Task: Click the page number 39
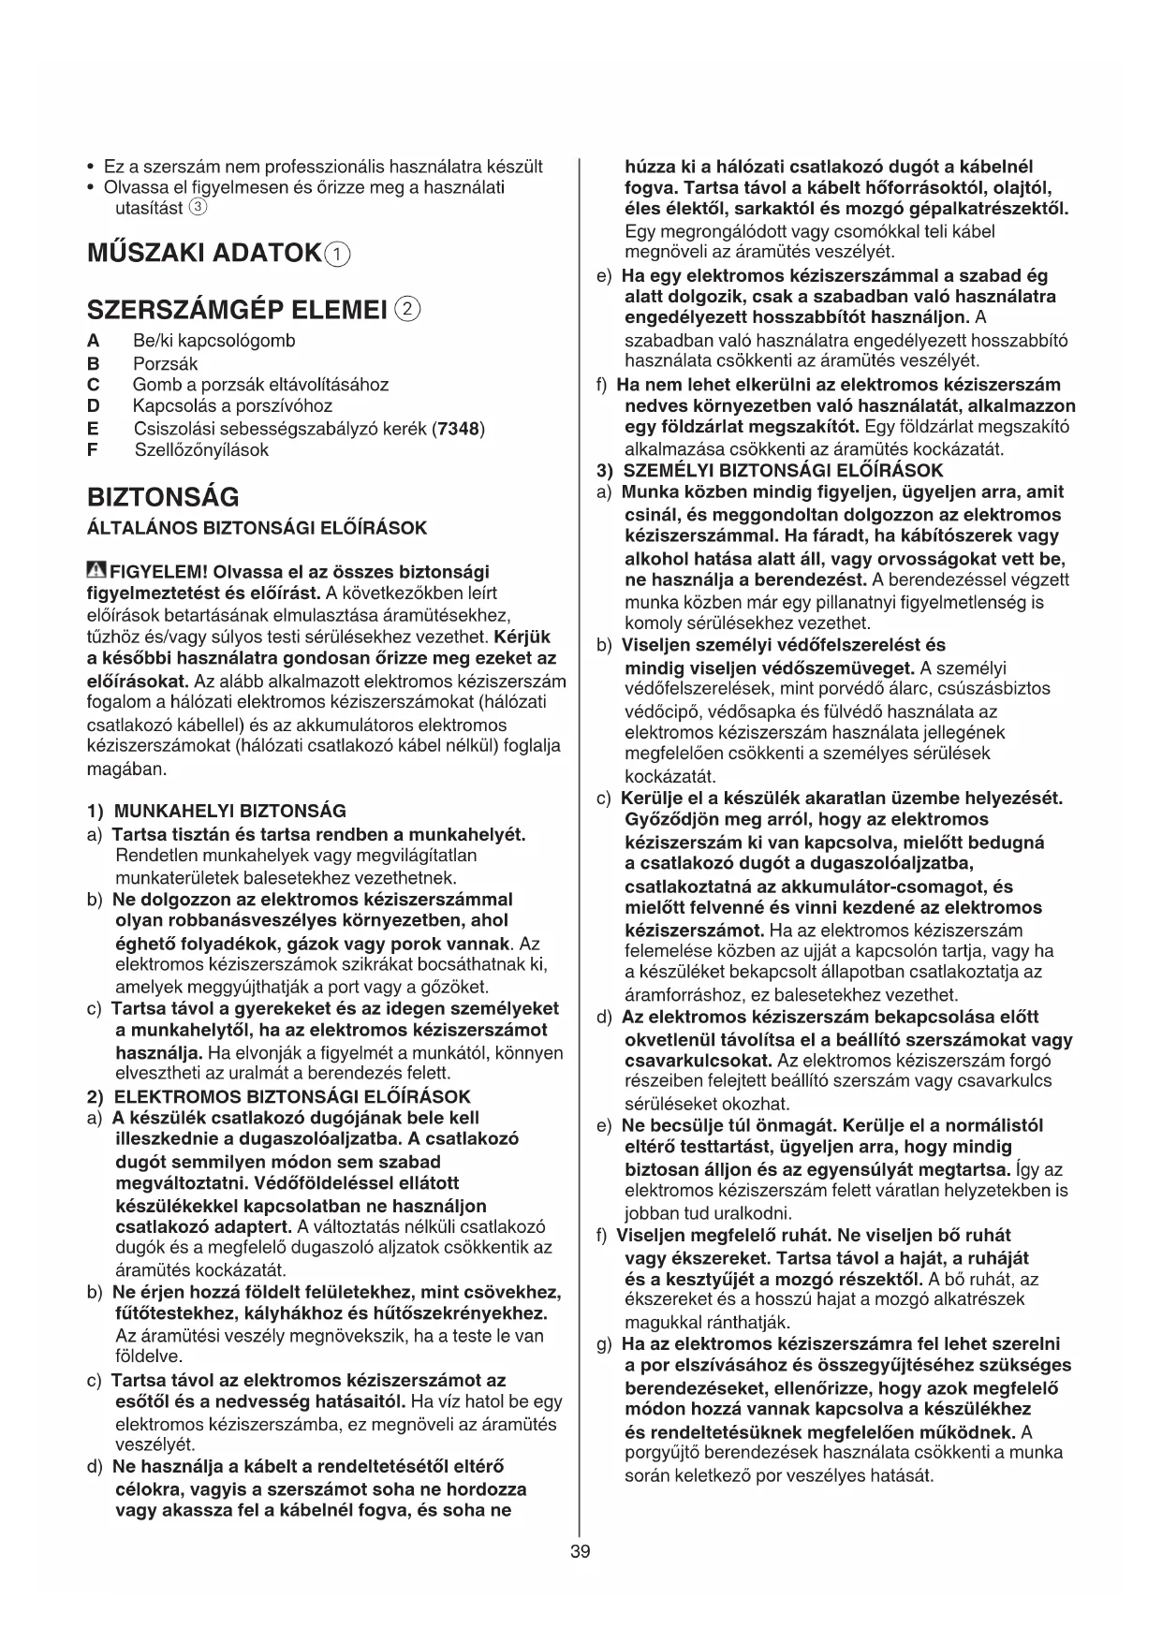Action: pos(580,1551)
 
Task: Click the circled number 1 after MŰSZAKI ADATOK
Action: pos(337,255)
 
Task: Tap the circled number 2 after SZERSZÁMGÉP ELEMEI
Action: pos(408,308)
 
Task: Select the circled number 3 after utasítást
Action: pos(198,207)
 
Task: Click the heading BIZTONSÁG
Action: pos(163,496)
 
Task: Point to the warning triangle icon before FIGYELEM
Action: pos(96,570)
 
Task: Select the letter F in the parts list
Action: pos(92,449)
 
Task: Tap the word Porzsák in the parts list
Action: pos(166,363)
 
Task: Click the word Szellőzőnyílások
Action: pos(201,449)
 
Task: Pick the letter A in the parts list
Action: pos(92,341)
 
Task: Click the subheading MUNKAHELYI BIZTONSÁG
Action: pos(229,811)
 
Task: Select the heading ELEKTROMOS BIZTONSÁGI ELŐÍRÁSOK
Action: pos(292,1096)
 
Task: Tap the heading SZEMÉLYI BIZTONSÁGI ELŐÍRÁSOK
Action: pos(783,470)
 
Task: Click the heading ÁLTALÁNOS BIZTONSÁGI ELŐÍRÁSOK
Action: pos(257,528)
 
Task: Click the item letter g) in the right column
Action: pos(604,1344)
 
